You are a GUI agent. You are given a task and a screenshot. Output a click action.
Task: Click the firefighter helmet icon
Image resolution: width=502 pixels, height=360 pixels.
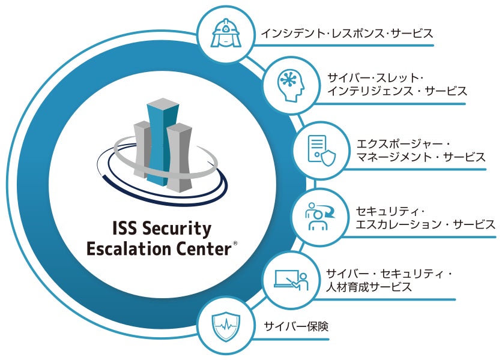coord(225,33)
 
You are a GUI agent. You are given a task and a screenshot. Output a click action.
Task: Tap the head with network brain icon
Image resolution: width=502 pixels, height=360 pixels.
coord(291,85)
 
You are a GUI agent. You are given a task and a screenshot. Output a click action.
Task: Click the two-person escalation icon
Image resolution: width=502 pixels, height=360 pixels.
coord(319,217)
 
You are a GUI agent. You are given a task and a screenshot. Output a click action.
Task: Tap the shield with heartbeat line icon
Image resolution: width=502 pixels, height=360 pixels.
coord(226,326)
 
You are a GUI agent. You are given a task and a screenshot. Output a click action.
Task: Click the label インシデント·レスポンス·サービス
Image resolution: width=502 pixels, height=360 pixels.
coord(346,33)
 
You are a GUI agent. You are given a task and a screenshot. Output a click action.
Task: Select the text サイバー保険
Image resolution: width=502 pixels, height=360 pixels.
coord(296,326)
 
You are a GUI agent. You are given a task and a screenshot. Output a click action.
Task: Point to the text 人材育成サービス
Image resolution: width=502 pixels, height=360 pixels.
coord(369,287)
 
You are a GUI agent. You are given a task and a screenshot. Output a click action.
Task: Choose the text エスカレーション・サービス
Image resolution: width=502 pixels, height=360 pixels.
coord(426,224)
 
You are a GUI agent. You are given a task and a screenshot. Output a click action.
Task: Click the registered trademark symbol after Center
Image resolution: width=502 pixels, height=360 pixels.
coord(235,243)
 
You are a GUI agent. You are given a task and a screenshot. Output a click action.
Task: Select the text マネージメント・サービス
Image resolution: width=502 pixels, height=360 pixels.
coord(421,157)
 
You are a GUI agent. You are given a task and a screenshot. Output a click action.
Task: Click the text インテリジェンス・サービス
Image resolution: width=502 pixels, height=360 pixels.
coord(397,91)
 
